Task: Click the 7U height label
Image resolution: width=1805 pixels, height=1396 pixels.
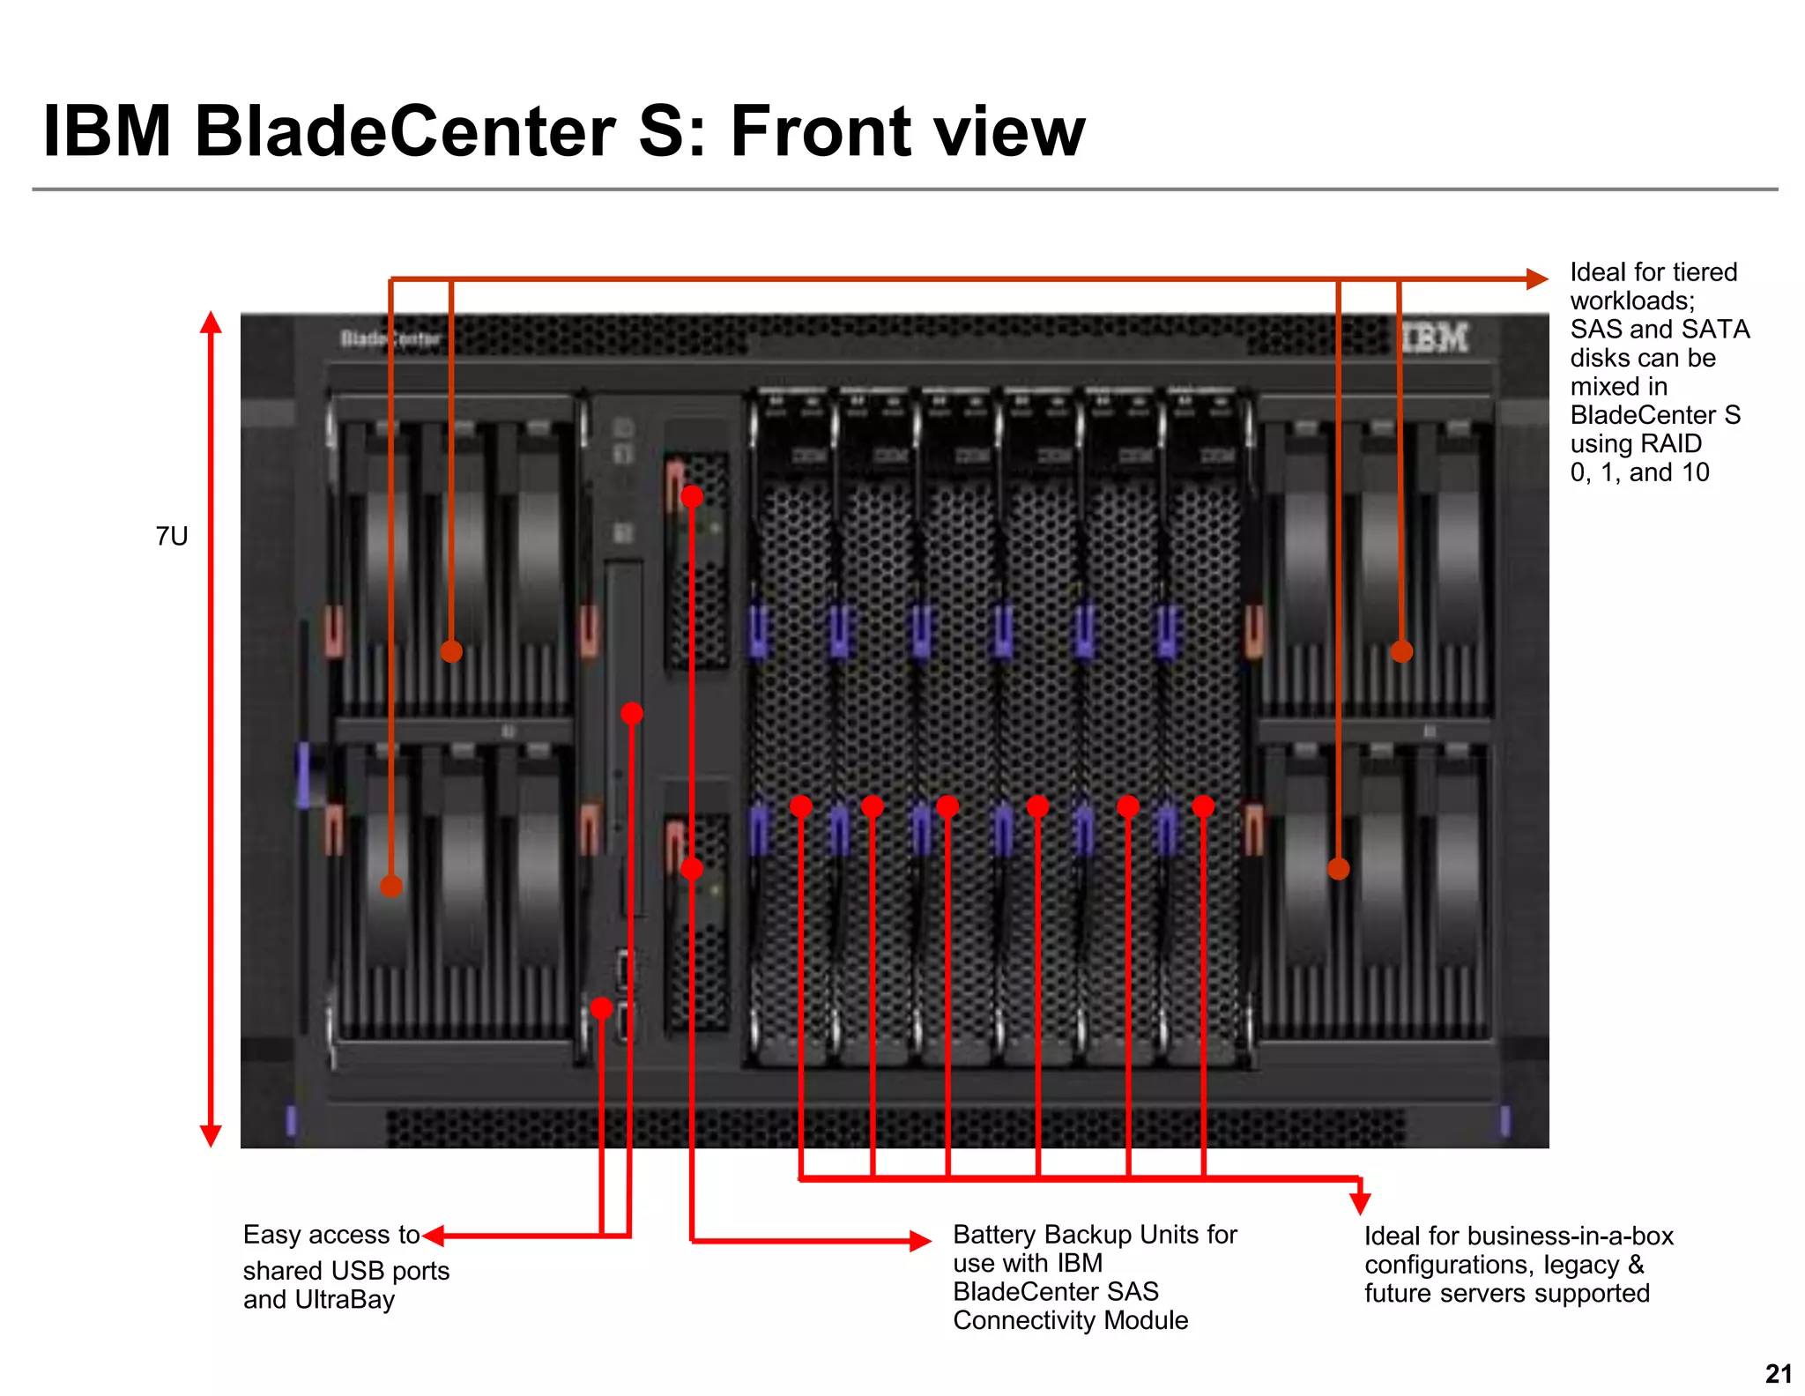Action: tap(172, 536)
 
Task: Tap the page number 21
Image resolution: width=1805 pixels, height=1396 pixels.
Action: tap(1779, 1374)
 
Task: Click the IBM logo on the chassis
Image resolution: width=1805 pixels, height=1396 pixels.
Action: tap(1435, 338)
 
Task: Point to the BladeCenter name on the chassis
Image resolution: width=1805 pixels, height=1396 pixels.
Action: tap(390, 338)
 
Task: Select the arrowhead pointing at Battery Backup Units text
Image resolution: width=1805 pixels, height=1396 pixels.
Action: tap(921, 1241)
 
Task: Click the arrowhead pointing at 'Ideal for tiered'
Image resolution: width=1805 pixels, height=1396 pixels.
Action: tap(1537, 279)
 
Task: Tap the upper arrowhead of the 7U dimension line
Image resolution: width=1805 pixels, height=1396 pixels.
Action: tap(211, 322)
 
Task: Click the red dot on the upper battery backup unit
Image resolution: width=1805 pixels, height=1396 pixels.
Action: tap(692, 496)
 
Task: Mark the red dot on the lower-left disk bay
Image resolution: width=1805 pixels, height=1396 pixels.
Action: tap(391, 886)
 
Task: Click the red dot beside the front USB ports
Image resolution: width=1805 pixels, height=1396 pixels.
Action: tap(602, 1007)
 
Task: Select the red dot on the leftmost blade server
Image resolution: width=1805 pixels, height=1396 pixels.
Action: tap(800, 806)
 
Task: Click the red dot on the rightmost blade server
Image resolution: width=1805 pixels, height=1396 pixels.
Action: tap(1203, 806)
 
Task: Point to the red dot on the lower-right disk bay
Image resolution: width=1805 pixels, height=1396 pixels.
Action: tap(1338, 869)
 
